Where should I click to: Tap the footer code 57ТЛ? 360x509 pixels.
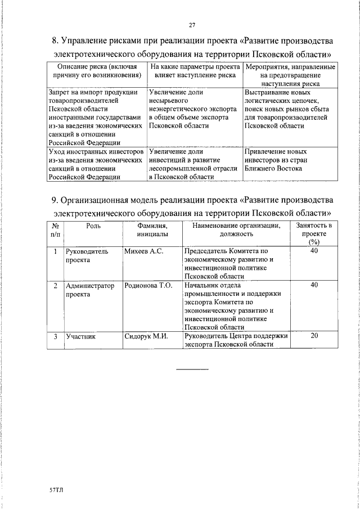coord(57,490)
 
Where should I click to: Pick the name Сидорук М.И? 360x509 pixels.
coord(146,337)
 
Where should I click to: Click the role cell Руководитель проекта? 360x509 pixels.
coord(87,256)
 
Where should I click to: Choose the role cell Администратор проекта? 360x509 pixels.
coord(90,290)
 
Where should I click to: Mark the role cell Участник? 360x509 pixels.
coord(81,337)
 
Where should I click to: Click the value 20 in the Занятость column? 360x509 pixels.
coord(314,336)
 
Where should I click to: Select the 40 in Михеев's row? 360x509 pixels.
coord(314,250)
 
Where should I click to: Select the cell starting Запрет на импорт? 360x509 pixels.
coord(93,118)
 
